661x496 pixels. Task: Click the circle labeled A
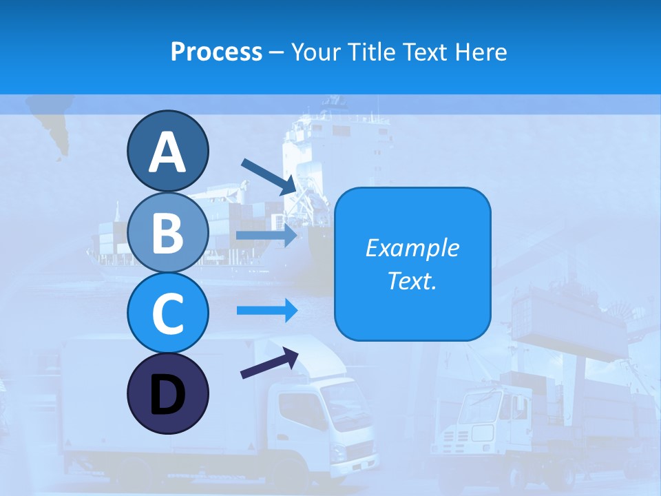pos(167,152)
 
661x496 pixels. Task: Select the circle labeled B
pos(167,232)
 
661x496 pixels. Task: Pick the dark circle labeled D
pos(167,393)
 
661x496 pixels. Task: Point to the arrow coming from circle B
pos(267,235)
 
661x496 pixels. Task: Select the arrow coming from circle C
pos(267,311)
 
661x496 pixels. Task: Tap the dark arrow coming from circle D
pos(269,364)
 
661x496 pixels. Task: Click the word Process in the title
pos(216,52)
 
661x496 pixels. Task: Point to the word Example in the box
pos(412,248)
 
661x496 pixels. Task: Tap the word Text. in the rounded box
pos(412,281)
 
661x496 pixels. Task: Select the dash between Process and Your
pos(277,52)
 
